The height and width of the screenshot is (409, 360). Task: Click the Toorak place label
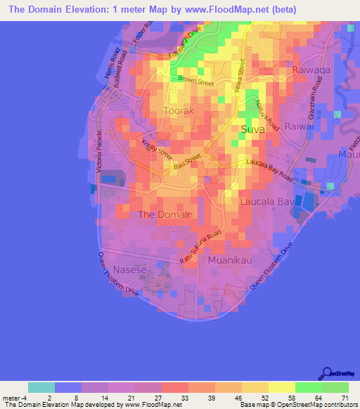click(165, 110)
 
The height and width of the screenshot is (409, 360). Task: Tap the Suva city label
click(255, 129)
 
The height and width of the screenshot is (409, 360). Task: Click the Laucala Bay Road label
click(270, 170)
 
